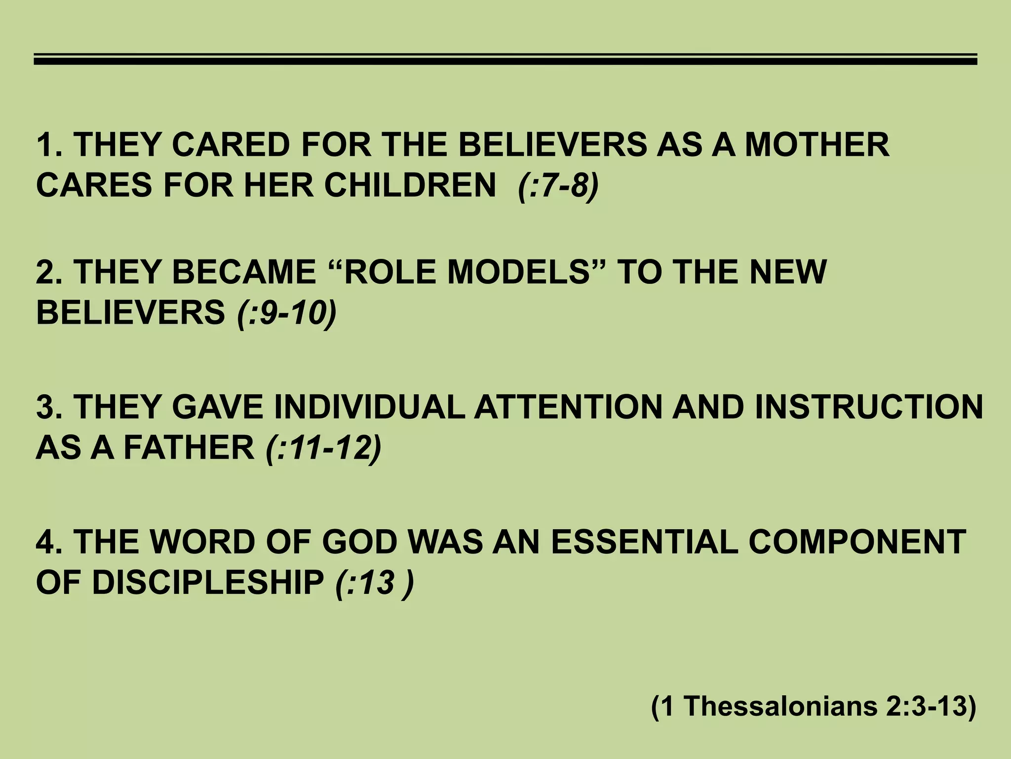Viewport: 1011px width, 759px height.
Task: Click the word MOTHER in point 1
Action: coord(817,145)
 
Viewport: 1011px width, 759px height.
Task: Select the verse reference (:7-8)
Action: coord(558,186)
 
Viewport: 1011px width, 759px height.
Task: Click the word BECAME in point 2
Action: coord(244,272)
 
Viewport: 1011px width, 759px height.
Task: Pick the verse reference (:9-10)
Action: coord(286,313)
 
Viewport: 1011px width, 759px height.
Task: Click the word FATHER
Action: coord(189,448)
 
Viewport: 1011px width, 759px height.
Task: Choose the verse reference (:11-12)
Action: coord(323,448)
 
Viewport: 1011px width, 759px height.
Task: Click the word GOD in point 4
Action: coord(359,542)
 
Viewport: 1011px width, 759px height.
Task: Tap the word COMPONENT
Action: coord(857,542)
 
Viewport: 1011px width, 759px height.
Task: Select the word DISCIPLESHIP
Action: coord(207,582)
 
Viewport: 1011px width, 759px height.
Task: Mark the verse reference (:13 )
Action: coord(374,582)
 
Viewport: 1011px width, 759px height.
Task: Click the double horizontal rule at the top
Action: coord(505,60)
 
